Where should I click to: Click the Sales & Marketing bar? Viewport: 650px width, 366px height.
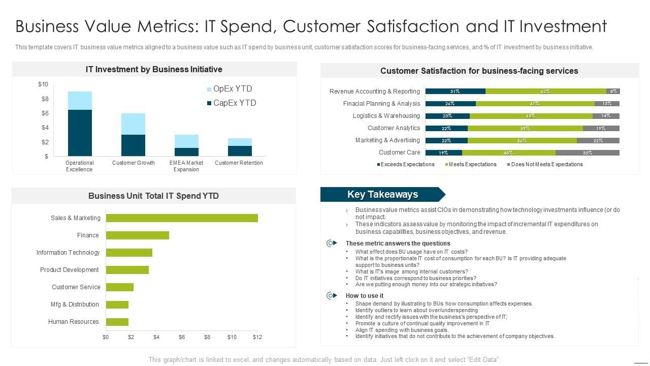coord(181,218)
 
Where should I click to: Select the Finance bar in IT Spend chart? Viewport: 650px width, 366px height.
coord(137,235)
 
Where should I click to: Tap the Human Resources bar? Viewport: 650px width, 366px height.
coord(117,322)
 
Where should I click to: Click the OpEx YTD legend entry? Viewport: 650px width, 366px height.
coord(229,89)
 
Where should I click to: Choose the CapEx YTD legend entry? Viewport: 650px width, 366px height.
coord(231,103)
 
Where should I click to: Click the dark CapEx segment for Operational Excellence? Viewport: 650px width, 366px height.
coord(80,133)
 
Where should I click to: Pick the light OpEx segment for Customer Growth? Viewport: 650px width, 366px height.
coord(133,124)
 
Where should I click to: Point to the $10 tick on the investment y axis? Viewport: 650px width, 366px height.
coord(43,84)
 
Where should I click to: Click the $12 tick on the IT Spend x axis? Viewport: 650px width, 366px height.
coord(257,337)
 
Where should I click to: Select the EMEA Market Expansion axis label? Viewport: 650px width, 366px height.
coord(186,166)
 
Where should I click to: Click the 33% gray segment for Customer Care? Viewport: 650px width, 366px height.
coord(587,152)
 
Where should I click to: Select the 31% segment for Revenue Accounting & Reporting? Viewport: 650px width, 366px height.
coord(455,91)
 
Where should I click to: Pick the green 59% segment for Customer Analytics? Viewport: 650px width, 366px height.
coord(525,128)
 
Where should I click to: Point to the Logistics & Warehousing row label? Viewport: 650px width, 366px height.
coord(386,116)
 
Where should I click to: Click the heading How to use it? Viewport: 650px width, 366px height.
coord(364,296)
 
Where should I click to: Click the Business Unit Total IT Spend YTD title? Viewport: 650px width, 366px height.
coord(153,196)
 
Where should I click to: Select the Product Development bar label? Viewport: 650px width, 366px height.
coord(70,270)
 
